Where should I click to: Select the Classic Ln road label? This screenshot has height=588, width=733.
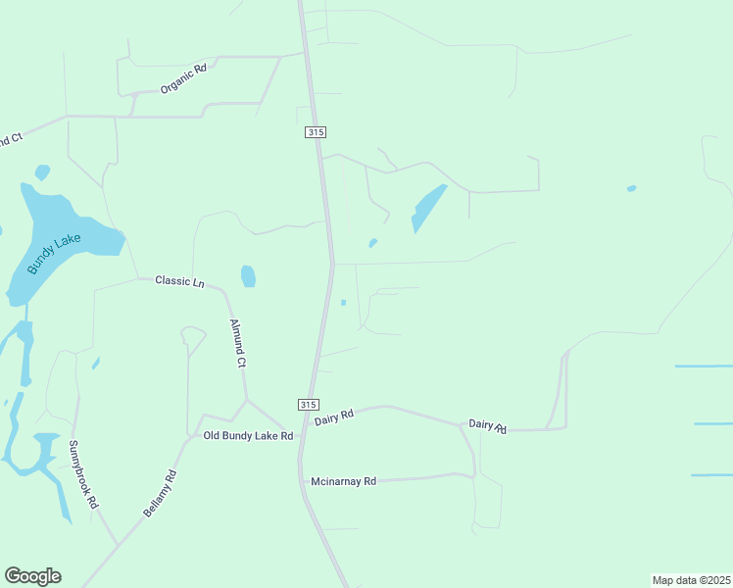(179, 282)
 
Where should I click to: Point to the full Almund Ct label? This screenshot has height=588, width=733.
(236, 342)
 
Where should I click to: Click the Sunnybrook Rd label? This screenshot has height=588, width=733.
(83, 473)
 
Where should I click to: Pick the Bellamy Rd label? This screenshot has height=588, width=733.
(160, 493)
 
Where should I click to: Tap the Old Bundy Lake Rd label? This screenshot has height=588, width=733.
(248, 435)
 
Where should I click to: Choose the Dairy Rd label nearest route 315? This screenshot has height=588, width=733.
(333, 417)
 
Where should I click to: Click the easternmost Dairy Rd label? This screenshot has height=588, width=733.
(487, 424)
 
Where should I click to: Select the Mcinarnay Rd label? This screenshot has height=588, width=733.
(343, 481)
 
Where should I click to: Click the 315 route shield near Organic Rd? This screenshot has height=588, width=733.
(315, 132)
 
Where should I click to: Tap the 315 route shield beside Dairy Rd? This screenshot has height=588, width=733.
(308, 405)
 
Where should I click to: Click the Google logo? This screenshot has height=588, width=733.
(32, 576)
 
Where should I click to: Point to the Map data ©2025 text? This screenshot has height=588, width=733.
(691, 580)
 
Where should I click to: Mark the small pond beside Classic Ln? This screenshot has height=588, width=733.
(248, 276)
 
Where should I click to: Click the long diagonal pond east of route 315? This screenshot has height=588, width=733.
(428, 208)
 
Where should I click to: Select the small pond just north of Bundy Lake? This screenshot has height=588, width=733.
(42, 172)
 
